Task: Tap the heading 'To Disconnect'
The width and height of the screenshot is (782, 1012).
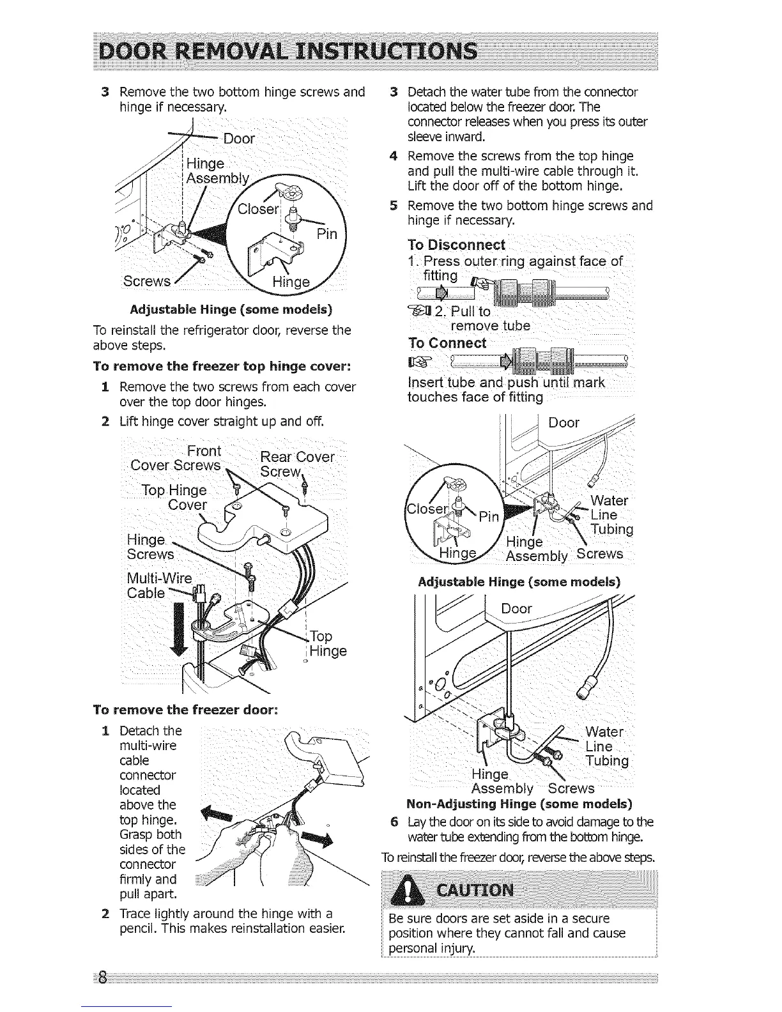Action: (456, 245)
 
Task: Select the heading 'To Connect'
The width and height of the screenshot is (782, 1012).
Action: (447, 343)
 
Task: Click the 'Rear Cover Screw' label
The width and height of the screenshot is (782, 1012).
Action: (297, 464)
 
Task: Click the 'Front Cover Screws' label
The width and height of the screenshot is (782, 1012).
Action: (176, 458)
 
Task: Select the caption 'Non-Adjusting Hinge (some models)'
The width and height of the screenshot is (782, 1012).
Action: (519, 803)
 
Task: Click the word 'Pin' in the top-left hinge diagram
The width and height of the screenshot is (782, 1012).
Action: (327, 233)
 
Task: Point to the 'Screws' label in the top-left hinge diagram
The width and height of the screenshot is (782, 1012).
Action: (147, 281)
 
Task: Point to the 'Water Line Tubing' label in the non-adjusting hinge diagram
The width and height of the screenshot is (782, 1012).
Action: (606, 746)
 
